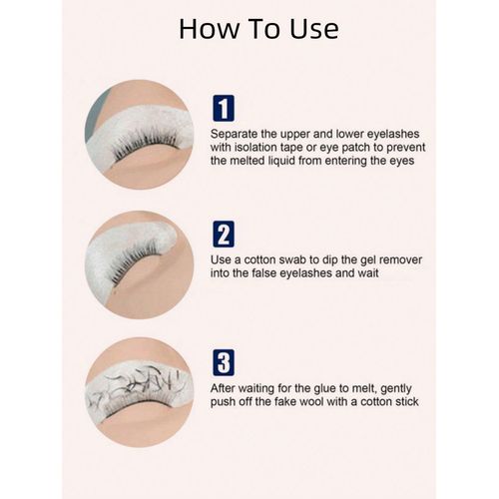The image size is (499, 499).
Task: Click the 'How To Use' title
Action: coord(257,28)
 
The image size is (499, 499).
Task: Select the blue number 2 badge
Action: coord(225,235)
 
